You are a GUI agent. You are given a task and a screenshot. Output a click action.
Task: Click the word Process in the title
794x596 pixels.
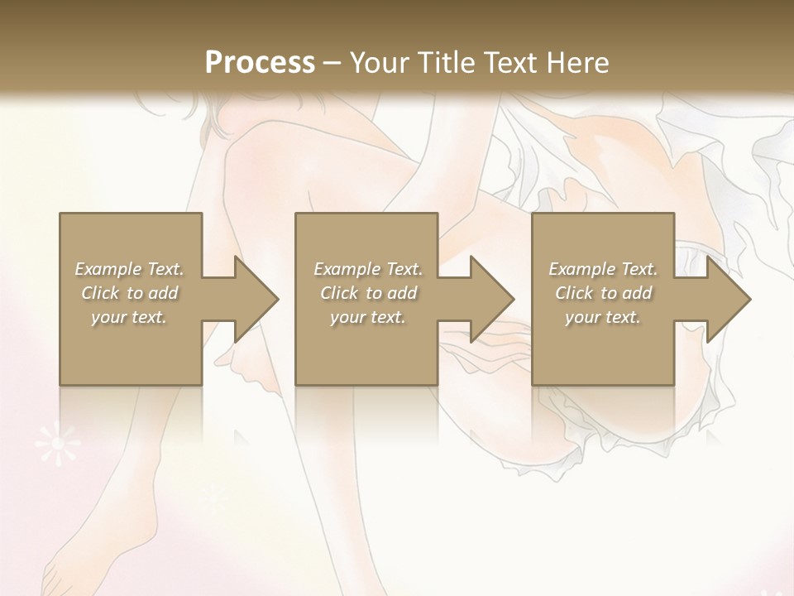click(260, 63)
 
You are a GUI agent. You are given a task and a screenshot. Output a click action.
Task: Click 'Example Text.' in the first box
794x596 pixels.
click(129, 269)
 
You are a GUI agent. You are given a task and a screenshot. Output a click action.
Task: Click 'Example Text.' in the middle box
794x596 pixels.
click(368, 269)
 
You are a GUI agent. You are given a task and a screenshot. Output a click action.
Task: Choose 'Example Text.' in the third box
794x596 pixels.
click(603, 269)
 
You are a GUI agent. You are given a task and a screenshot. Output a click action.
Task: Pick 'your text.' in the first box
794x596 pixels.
click(129, 317)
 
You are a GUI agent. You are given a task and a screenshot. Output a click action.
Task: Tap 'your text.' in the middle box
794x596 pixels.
click(368, 317)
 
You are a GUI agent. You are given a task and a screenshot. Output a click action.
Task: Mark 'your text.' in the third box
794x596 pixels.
click(603, 317)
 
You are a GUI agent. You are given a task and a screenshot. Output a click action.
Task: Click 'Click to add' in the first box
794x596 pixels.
click(129, 293)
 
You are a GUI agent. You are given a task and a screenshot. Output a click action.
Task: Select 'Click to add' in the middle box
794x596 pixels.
click(368, 293)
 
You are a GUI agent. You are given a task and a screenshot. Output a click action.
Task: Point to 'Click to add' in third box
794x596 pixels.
click(603, 293)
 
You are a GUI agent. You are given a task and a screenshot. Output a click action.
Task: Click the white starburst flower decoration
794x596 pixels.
click(57, 445)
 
